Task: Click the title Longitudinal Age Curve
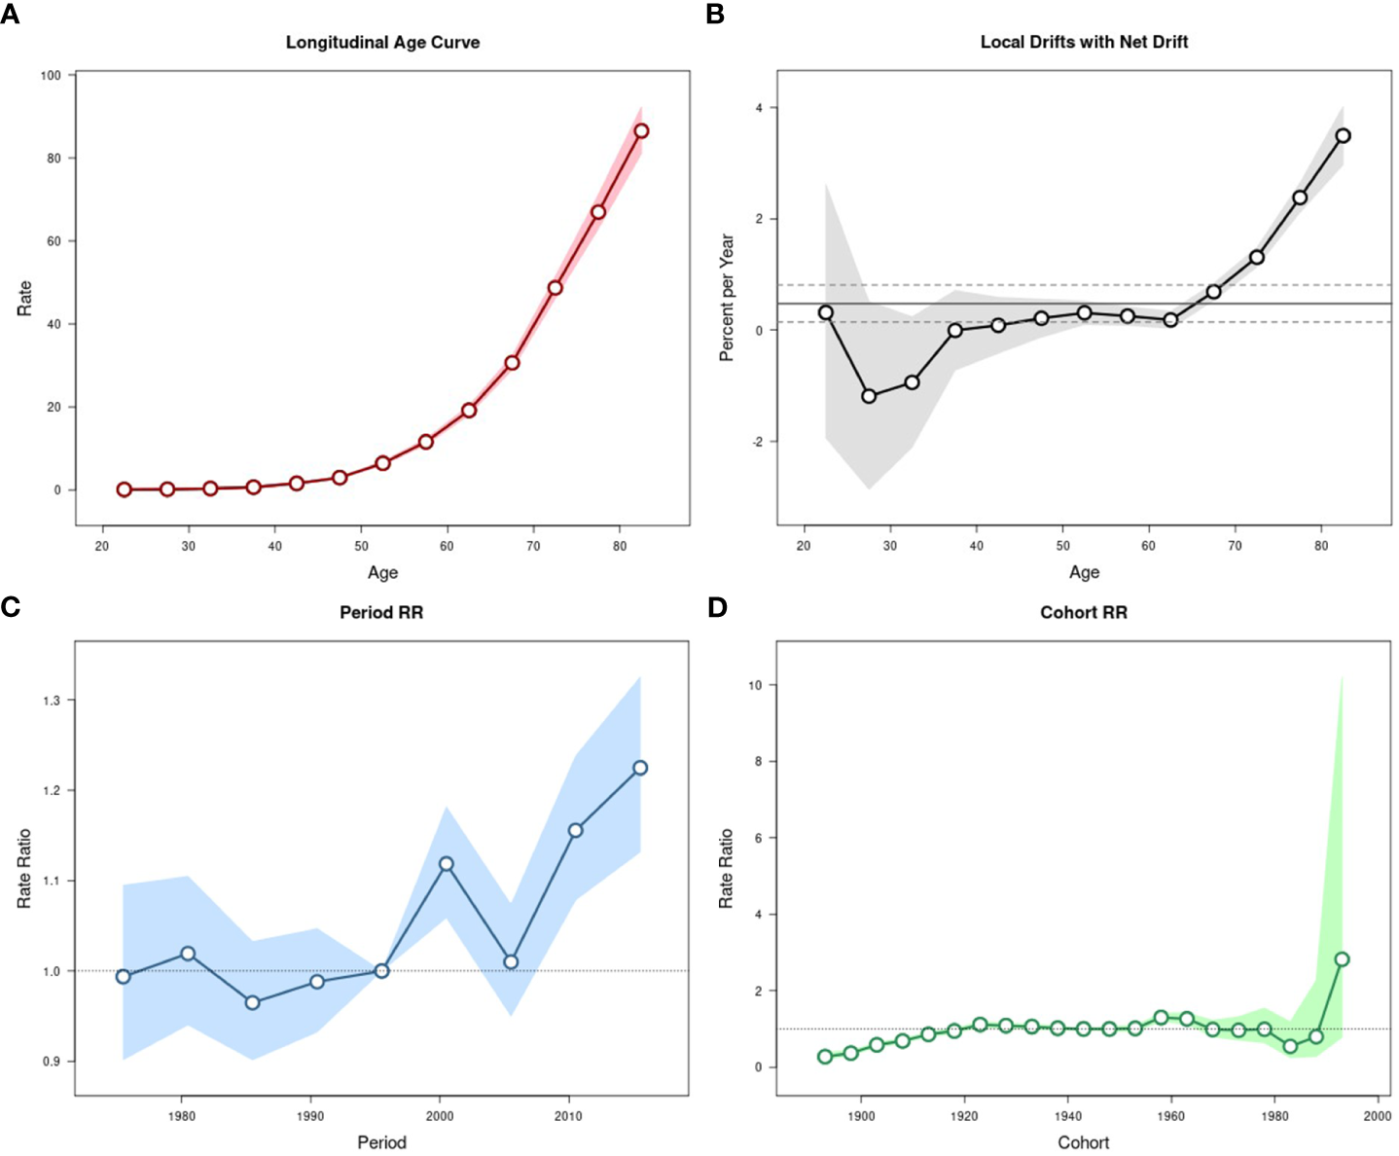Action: tap(382, 42)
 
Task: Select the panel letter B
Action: tap(714, 15)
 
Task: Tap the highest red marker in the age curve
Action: tap(641, 131)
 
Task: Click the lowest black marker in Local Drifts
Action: tap(869, 396)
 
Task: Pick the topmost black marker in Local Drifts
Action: tap(1343, 136)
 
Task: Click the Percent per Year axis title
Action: tap(727, 298)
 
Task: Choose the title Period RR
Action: tap(381, 612)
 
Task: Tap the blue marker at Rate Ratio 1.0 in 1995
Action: tap(381, 971)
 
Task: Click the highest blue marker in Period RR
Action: tap(640, 768)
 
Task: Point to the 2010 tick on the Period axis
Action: tap(568, 1115)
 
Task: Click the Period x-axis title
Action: tap(381, 1142)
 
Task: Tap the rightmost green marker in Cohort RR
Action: tap(1343, 959)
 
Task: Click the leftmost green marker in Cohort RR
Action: tap(825, 1057)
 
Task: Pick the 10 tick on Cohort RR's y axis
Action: tap(755, 685)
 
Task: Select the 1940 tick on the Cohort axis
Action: tap(1067, 1115)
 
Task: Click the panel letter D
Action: tap(716, 607)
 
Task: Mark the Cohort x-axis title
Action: tap(1083, 1142)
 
